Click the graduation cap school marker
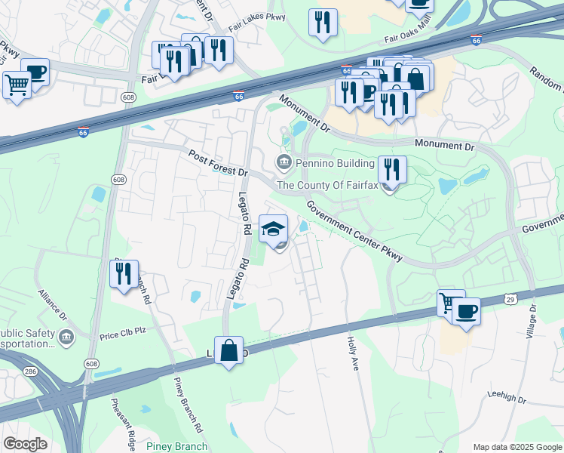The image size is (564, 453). [274, 229]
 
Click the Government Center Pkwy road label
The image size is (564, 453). [354, 230]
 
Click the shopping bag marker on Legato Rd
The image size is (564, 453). [229, 351]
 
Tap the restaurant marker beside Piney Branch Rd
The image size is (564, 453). [124, 274]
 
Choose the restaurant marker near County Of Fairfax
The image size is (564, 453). [392, 170]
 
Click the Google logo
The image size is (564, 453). [25, 444]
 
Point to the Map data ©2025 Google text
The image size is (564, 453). [516, 447]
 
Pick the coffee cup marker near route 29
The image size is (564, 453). [467, 311]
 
